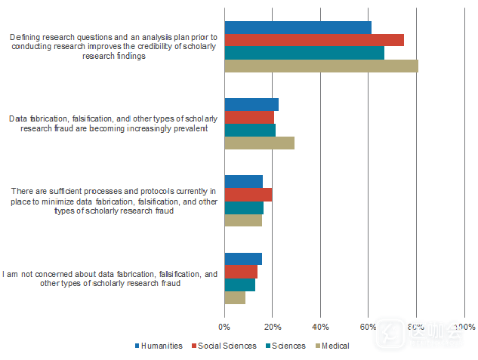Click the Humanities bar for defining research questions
point(298,27)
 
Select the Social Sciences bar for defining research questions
point(313,40)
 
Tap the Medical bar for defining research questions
point(321,66)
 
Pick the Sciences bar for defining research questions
point(304,53)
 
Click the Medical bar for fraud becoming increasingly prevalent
point(259,143)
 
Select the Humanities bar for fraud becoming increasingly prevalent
point(251,104)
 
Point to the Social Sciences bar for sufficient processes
point(248,195)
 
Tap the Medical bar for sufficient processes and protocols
point(243,220)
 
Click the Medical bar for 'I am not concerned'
point(235,297)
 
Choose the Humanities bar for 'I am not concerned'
point(243,259)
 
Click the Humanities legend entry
point(158,346)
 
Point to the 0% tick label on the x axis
point(224,327)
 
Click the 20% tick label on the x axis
point(272,327)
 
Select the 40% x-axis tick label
point(320,327)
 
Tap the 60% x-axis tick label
point(368,327)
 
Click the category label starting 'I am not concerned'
point(110,278)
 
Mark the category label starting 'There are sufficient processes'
point(113,201)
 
